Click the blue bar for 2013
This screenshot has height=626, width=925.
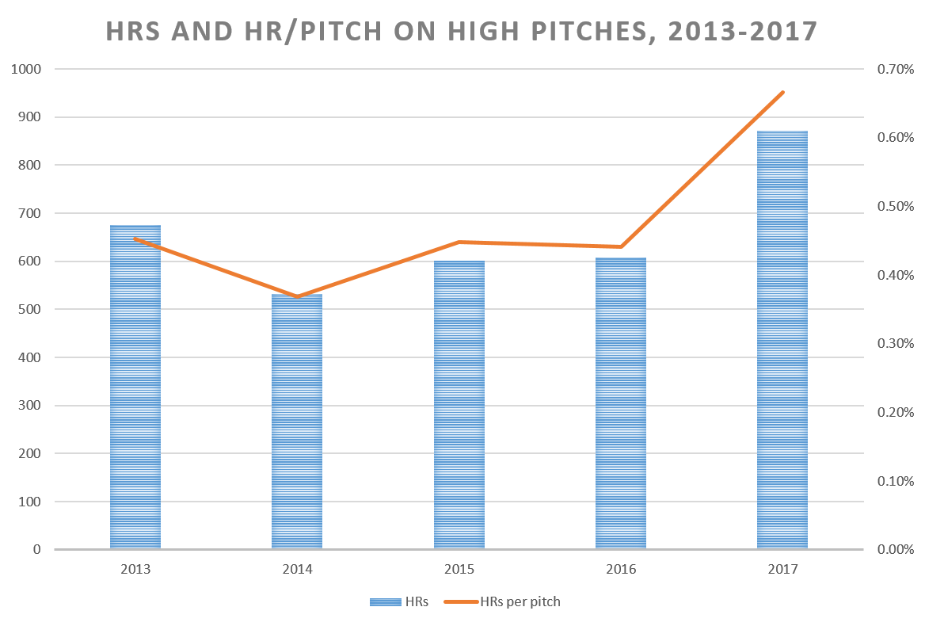[135, 388]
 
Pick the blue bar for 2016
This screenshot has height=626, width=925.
[621, 404]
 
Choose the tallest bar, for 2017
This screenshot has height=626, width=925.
[782, 341]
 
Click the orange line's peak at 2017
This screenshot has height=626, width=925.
[783, 93]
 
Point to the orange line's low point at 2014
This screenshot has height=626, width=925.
[297, 296]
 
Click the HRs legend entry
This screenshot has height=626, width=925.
[400, 601]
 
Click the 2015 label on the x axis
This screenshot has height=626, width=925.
[459, 569]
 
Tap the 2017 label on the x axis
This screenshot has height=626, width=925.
[782, 569]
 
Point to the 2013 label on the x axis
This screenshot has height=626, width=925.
[135, 569]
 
